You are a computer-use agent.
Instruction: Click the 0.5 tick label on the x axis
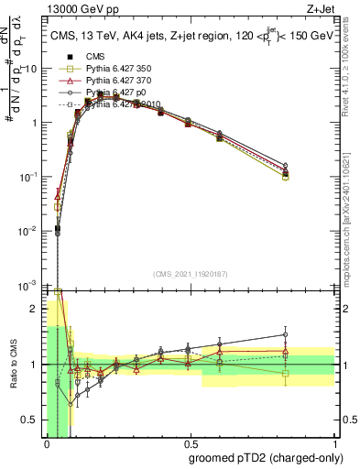click(190, 443)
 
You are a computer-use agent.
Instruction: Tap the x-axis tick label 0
click(47, 443)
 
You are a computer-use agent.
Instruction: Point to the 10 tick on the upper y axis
click(32, 70)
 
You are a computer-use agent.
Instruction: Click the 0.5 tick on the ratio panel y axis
click(34, 420)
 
